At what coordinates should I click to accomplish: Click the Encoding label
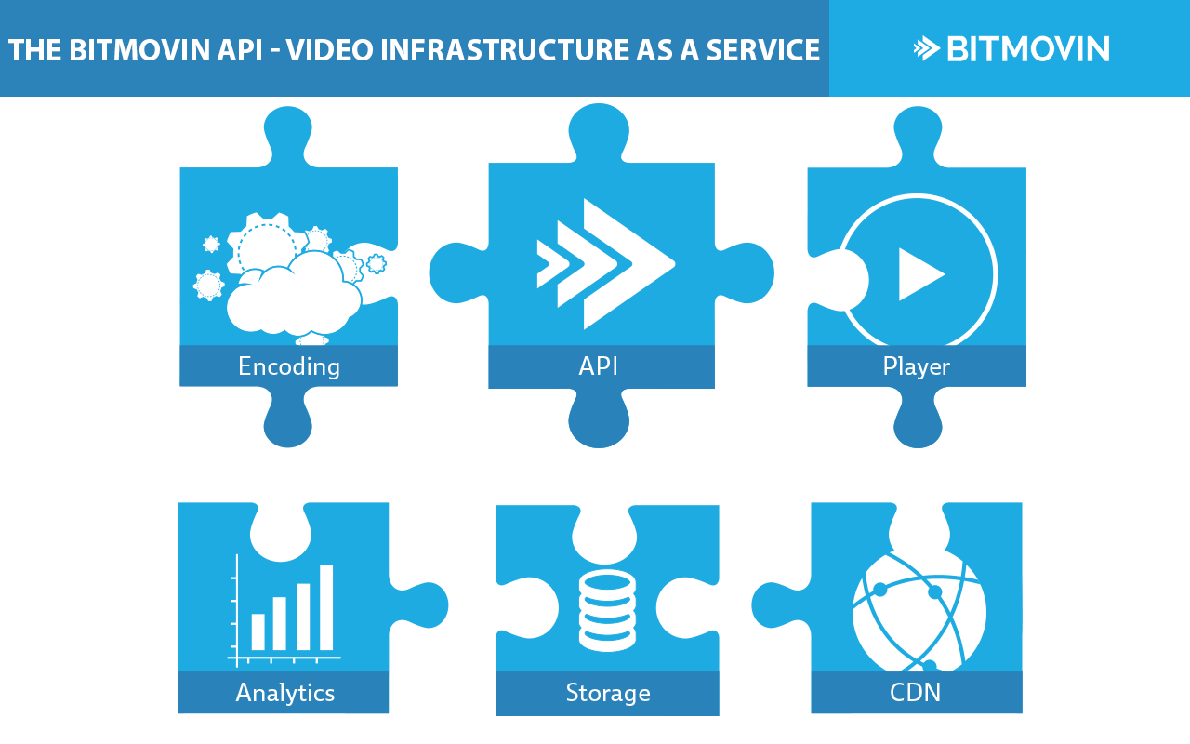point(289,366)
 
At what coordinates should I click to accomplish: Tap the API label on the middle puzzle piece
point(599,366)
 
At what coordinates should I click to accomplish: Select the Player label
point(916,366)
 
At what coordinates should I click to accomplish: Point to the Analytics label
point(285,693)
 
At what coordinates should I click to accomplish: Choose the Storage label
point(608,693)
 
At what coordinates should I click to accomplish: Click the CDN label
point(916,693)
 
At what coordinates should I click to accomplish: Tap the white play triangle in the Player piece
point(919,274)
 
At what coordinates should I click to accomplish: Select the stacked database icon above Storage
point(607,610)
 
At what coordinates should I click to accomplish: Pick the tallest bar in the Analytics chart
point(326,606)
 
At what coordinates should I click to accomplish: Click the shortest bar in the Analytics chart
point(258,631)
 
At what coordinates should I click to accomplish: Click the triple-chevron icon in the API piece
point(604,264)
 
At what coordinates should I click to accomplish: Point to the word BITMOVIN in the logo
point(1027,49)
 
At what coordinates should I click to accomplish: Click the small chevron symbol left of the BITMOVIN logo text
point(926,49)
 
